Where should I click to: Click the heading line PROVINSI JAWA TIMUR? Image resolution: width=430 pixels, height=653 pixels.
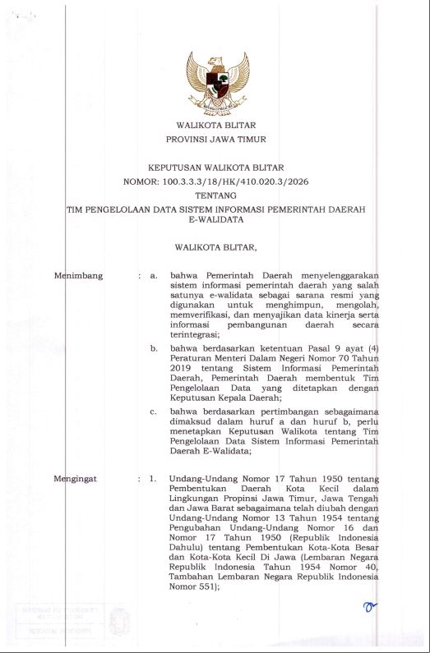(x=215, y=140)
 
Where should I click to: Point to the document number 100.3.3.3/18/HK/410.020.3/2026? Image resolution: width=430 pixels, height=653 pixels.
(x=238, y=181)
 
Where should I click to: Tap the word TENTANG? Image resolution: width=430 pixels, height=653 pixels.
(x=215, y=195)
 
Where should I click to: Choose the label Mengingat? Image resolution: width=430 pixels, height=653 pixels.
(x=77, y=477)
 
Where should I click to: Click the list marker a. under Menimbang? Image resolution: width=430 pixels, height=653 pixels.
(x=154, y=275)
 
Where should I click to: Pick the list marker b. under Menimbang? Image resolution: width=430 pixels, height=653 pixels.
(x=154, y=348)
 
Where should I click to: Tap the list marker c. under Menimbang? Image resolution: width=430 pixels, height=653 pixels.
(x=154, y=409)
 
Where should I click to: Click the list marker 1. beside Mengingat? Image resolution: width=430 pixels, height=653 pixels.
(x=153, y=477)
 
